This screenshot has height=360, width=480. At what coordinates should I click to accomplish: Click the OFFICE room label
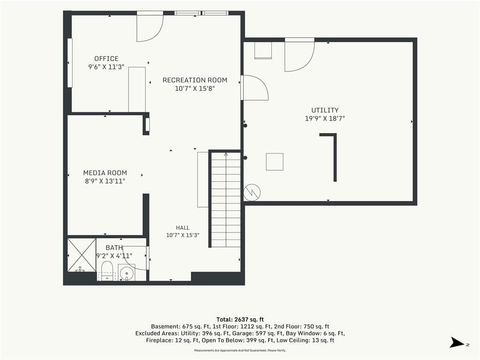click(x=106, y=59)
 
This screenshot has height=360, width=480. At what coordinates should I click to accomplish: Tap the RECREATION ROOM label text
click(x=195, y=80)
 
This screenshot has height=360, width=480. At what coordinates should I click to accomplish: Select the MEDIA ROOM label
click(x=105, y=173)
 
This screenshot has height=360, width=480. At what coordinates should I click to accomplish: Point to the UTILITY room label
click(x=325, y=110)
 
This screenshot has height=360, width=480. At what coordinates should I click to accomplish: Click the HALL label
click(x=183, y=228)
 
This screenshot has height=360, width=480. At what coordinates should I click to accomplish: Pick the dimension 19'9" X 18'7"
click(x=325, y=119)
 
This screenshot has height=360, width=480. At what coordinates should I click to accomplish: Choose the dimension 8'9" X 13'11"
click(x=105, y=181)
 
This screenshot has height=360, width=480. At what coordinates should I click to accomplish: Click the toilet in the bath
click(x=107, y=271)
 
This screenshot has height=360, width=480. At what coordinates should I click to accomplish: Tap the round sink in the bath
click(x=126, y=272)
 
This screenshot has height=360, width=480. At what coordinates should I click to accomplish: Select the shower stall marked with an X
click(x=82, y=255)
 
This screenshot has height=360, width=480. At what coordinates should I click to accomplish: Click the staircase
click(x=226, y=200)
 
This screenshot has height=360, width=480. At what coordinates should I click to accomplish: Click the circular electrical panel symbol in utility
click(x=252, y=193)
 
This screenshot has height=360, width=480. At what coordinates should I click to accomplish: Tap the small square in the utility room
click(x=275, y=162)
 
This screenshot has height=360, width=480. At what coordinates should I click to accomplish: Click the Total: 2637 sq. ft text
click(x=240, y=320)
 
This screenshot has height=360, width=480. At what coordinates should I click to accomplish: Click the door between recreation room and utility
click(x=255, y=88)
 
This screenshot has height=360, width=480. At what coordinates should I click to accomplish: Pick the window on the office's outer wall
click(x=70, y=63)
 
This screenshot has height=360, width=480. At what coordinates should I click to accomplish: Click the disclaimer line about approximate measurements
click(x=240, y=350)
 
